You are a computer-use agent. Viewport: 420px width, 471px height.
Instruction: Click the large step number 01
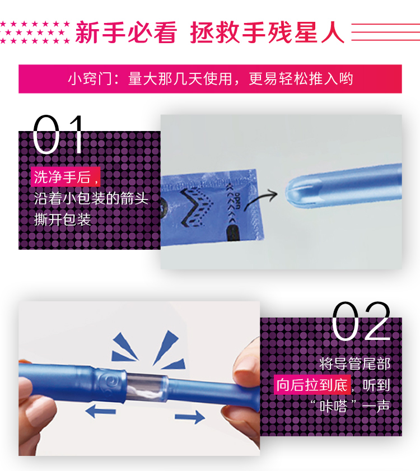click(x=58, y=134)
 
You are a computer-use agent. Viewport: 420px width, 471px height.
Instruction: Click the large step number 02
click(x=361, y=321)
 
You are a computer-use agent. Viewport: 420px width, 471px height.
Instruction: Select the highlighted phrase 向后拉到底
click(x=312, y=385)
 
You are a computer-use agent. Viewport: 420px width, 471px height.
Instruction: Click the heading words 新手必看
click(x=126, y=32)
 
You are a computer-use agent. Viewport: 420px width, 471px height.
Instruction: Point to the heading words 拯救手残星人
click(x=267, y=32)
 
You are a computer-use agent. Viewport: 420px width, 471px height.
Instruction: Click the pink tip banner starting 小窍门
click(x=210, y=79)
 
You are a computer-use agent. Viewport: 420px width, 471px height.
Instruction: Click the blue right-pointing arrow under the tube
click(x=190, y=417)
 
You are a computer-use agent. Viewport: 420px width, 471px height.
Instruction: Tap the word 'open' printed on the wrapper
click(x=237, y=200)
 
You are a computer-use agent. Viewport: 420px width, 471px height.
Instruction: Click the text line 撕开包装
click(x=62, y=220)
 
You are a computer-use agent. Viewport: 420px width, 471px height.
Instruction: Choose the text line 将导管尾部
click(x=355, y=364)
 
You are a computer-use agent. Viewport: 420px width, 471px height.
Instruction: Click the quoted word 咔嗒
click(x=333, y=407)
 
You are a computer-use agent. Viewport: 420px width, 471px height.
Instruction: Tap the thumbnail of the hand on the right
click(x=241, y=390)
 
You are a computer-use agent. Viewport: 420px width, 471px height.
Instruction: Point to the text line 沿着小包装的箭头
click(x=91, y=198)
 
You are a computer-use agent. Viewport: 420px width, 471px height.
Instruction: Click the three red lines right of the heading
click(x=385, y=32)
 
